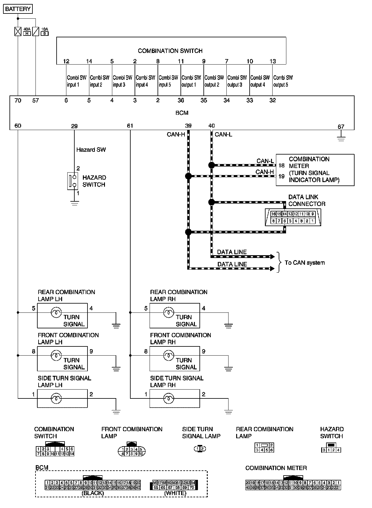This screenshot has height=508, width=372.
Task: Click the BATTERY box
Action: [x=18, y=9]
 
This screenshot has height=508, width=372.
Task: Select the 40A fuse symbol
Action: [x=18, y=32]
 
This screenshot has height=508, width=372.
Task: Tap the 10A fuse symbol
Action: [x=36, y=32]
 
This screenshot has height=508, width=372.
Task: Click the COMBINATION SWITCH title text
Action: [x=170, y=51]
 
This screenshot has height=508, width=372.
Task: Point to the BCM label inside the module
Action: [x=182, y=113]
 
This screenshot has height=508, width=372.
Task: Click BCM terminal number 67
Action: [x=341, y=126]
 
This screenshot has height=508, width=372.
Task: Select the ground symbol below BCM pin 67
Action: [x=341, y=138]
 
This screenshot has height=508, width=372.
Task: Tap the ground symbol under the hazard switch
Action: [x=74, y=203]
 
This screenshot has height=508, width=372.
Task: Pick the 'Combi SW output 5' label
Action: [x=283, y=81]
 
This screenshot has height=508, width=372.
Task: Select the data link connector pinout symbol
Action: [x=293, y=217]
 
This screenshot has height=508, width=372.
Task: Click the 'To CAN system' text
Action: [x=305, y=263]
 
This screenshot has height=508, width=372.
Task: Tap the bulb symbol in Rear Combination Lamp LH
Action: [x=56, y=312]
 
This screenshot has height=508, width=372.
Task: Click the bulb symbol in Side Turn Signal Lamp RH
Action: [x=168, y=398]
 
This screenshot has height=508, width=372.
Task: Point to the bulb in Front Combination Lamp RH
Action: [x=168, y=356]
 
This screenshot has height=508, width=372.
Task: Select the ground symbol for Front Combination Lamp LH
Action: [x=116, y=369]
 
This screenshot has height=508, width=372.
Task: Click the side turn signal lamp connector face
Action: [x=200, y=449]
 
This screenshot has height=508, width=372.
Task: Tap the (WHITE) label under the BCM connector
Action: [x=175, y=493]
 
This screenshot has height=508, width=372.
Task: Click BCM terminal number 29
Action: [x=74, y=126]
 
